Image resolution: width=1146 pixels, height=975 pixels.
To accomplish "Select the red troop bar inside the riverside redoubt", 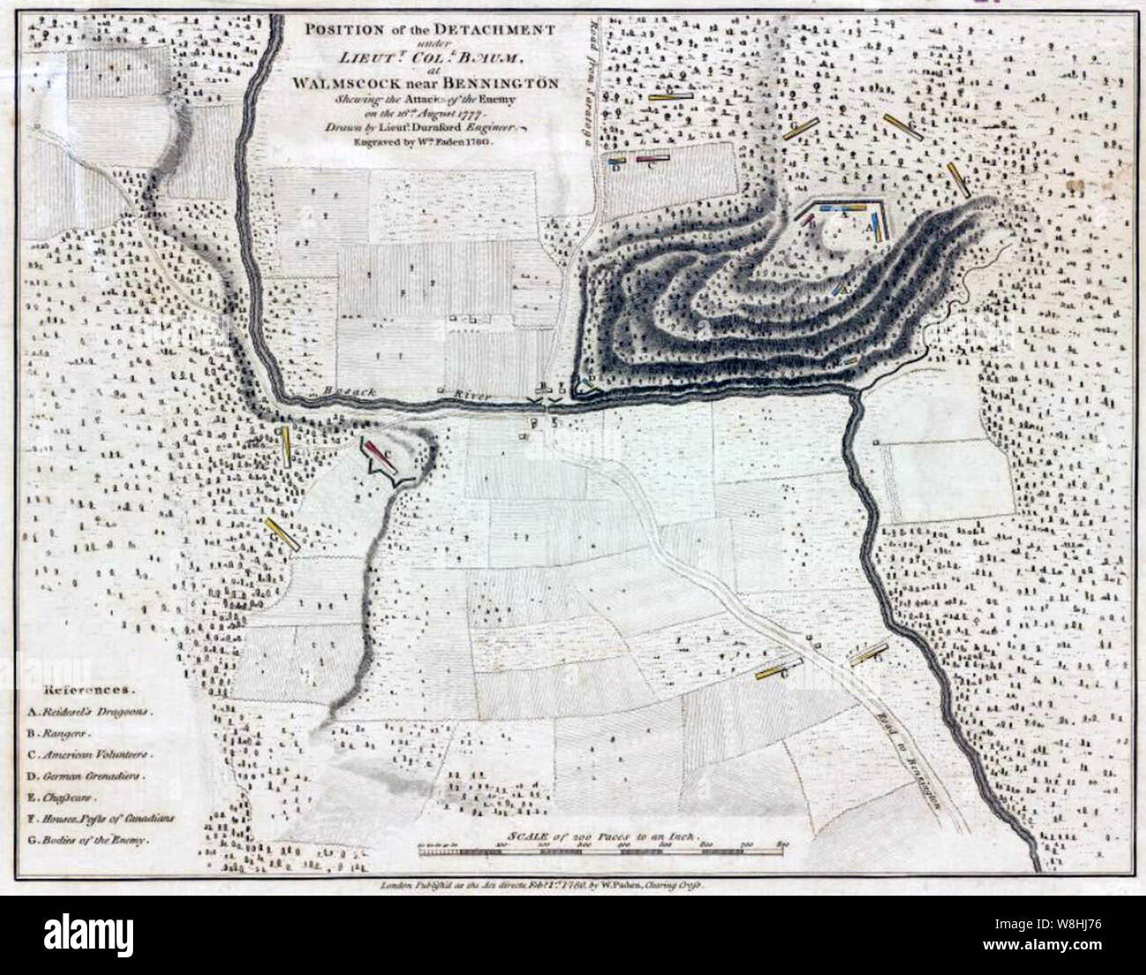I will pos(380,453).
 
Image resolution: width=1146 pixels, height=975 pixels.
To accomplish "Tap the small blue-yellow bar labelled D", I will pos(618,162).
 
